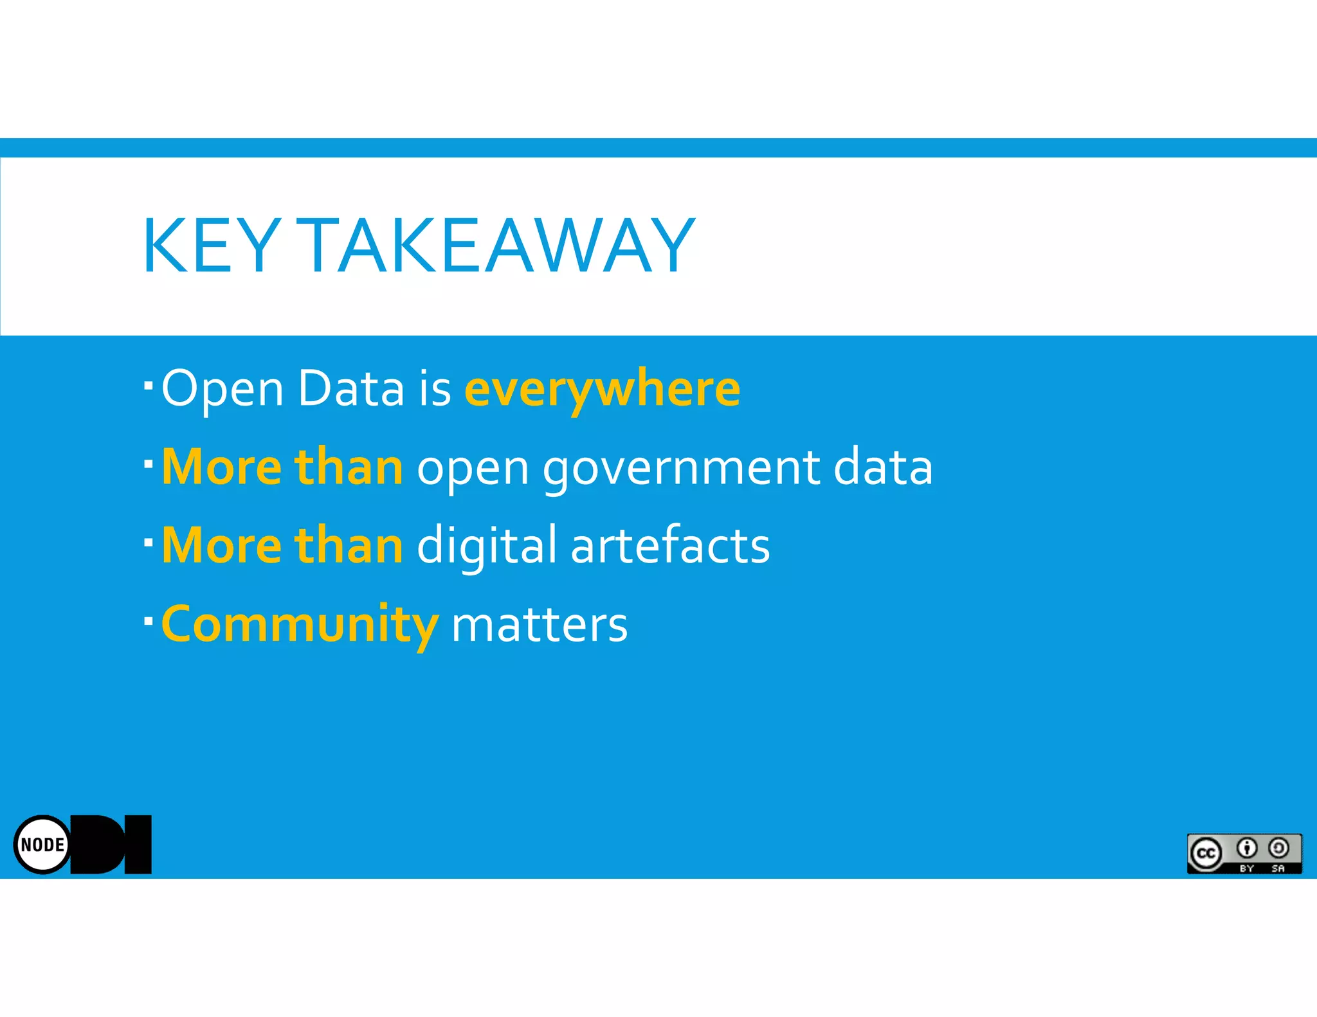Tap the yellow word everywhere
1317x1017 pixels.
click(602, 388)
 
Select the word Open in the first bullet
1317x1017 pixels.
click(223, 388)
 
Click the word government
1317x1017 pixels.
click(682, 468)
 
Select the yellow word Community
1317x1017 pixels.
click(300, 624)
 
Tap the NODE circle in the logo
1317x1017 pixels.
click(42, 844)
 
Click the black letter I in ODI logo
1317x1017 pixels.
click(138, 844)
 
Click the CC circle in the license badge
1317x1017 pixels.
click(1206, 853)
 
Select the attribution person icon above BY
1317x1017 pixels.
click(1247, 849)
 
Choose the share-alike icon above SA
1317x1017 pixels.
click(1279, 849)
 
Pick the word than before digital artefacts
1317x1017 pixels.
click(349, 545)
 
